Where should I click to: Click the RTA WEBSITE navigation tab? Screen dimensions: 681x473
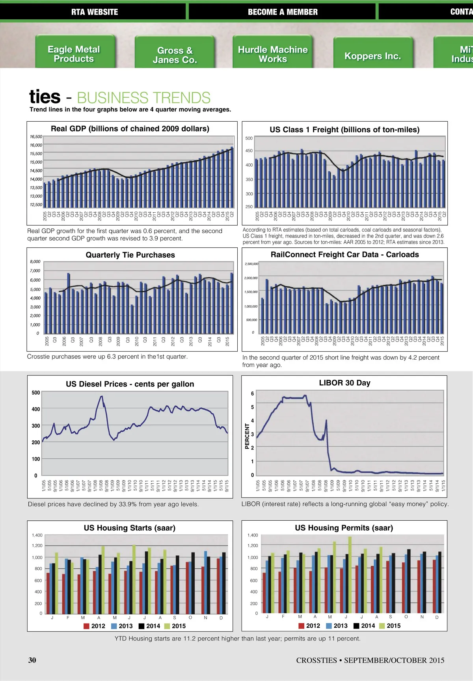pyautogui.click(x=94, y=12)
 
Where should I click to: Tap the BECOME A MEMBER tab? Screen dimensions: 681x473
pyautogui.click(x=282, y=12)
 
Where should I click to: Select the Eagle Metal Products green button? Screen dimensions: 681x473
pyautogui.click(x=74, y=54)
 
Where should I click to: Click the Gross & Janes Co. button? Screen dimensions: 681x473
pyautogui.click(x=175, y=55)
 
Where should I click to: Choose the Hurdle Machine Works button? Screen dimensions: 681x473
pyautogui.click(x=273, y=54)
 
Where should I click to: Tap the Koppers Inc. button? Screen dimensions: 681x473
pyautogui.click(x=372, y=56)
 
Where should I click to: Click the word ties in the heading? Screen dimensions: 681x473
pyautogui.click(x=45, y=97)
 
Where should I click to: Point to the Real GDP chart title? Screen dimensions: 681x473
pyautogui.click(x=130, y=129)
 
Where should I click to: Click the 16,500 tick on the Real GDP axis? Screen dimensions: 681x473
pyautogui.click(x=36, y=137)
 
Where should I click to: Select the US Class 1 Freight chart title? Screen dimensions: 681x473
pyautogui.click(x=345, y=130)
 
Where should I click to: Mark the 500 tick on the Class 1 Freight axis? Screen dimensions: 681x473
pyautogui.click(x=249, y=138)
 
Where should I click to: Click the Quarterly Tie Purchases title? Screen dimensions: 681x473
pyautogui.click(x=130, y=255)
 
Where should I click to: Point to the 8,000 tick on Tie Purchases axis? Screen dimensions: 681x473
pyautogui.click(x=35, y=262)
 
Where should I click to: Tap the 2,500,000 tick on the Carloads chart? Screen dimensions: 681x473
pyautogui.click(x=251, y=264)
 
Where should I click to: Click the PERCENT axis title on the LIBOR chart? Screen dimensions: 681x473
pyautogui.click(x=247, y=436)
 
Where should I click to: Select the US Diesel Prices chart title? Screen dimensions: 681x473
pyautogui.click(x=130, y=384)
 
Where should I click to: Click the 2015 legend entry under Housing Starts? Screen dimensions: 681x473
pyautogui.click(x=175, y=626)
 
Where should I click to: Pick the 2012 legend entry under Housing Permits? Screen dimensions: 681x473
pyautogui.click(x=309, y=625)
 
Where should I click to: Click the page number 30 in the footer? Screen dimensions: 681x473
pyautogui.click(x=32, y=660)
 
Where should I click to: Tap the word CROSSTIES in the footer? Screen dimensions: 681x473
pyautogui.click(x=317, y=660)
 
